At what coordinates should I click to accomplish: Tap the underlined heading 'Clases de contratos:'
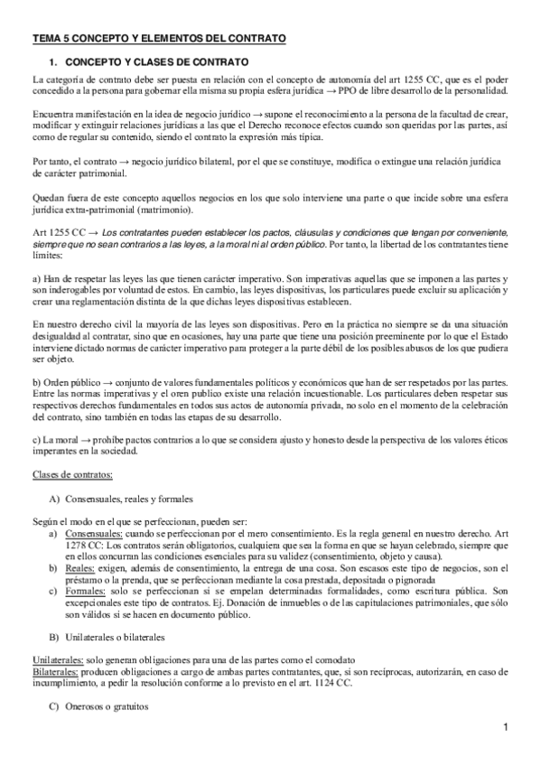pos(72,475)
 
